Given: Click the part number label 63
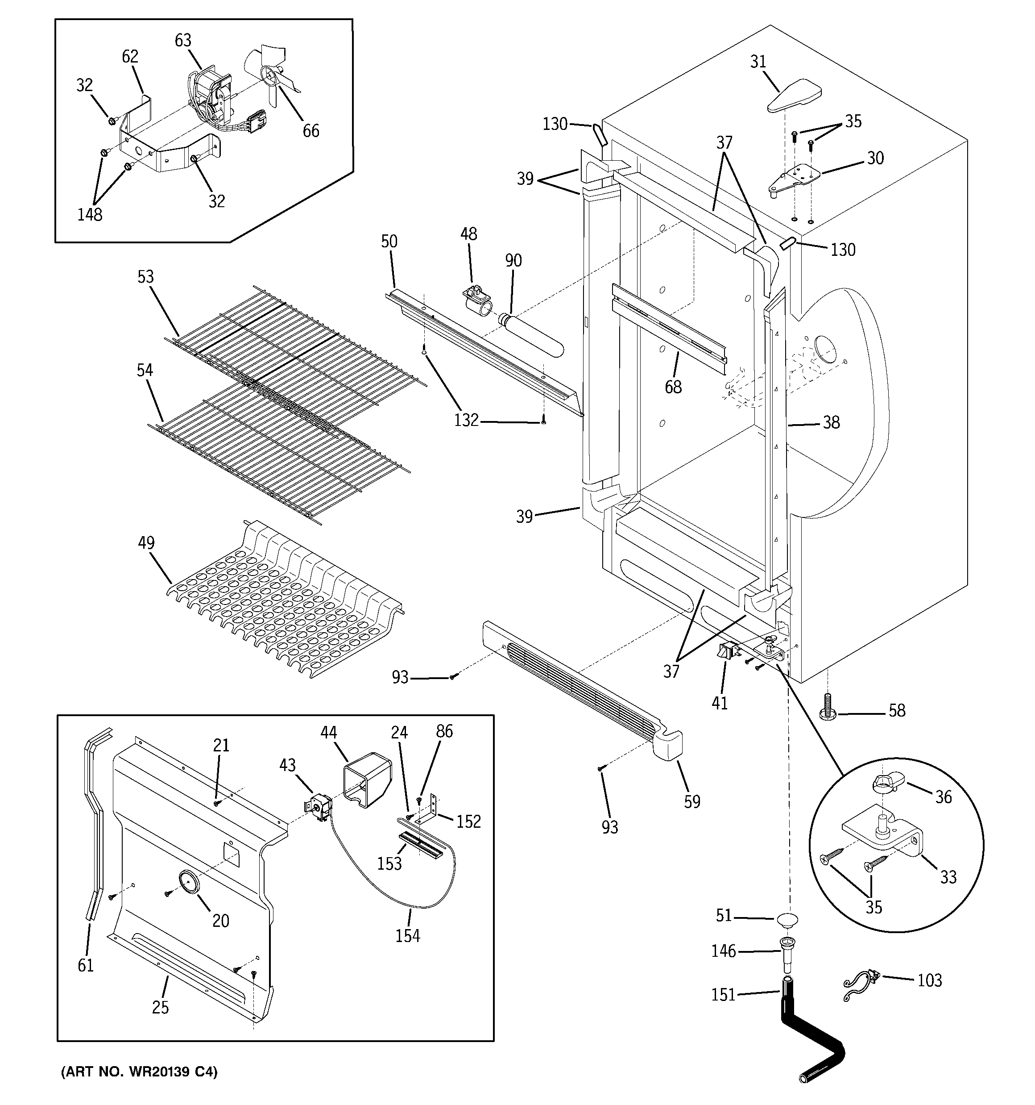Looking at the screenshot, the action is tap(183, 41).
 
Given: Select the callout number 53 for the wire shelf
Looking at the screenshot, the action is tap(145, 277).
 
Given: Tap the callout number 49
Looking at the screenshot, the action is tap(146, 542).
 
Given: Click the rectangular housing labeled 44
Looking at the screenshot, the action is tap(367, 778).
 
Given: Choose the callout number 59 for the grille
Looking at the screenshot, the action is tap(691, 801).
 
